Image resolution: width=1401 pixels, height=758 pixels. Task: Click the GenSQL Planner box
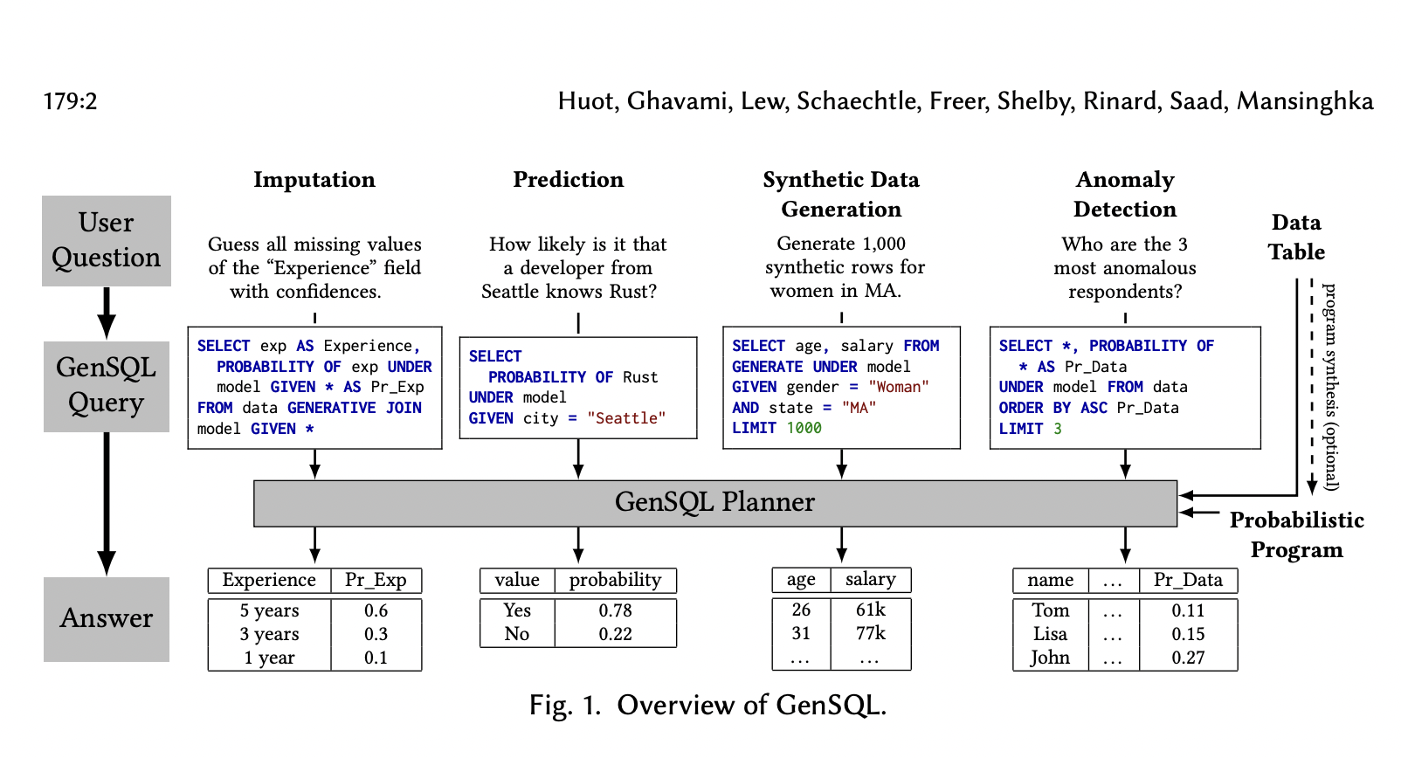(x=714, y=503)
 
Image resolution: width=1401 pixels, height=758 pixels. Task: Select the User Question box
(x=107, y=240)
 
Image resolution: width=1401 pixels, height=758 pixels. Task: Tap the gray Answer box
(x=107, y=618)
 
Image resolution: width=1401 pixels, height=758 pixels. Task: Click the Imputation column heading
(x=314, y=180)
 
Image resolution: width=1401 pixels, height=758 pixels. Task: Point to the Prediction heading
(x=568, y=180)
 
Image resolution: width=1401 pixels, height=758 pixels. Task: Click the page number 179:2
(x=70, y=101)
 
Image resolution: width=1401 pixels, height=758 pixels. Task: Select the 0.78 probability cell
(x=615, y=610)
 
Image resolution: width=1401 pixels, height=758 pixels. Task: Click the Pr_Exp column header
(x=376, y=580)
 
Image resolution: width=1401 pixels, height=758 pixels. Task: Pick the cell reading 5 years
(x=269, y=610)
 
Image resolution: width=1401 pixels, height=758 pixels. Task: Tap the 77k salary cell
(x=870, y=633)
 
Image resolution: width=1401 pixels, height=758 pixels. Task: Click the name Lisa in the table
(x=1050, y=634)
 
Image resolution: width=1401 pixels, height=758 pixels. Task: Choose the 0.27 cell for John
(x=1188, y=658)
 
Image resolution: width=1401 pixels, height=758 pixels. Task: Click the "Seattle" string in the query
(x=625, y=418)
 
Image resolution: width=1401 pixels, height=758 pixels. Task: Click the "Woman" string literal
(x=899, y=387)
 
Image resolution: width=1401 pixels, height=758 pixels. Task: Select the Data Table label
(x=1296, y=238)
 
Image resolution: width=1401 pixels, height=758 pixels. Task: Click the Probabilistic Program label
(x=1296, y=534)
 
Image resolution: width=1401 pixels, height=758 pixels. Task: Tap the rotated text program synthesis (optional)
(x=1330, y=386)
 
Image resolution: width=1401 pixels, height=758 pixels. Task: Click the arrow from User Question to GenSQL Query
(x=107, y=313)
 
